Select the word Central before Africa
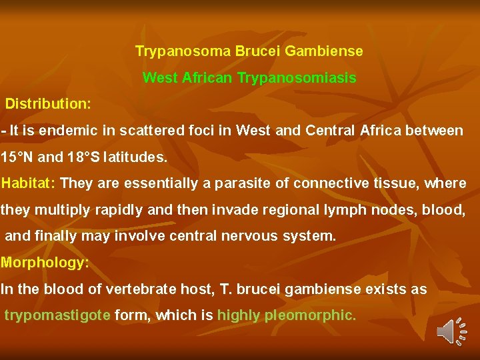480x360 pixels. tap(332, 131)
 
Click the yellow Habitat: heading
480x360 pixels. tap(29, 183)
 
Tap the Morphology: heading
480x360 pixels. tap(45, 262)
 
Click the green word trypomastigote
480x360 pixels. tap(57, 315)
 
